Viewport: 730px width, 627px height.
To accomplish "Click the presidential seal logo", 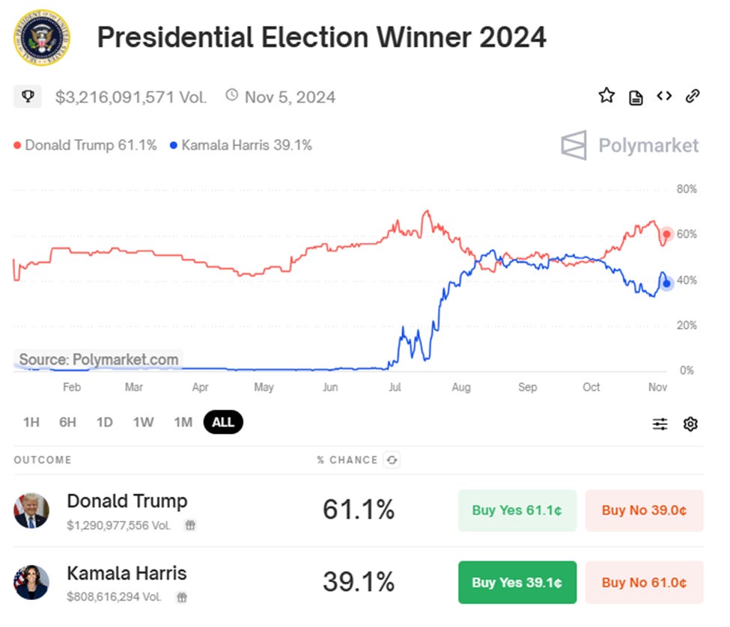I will [41, 37].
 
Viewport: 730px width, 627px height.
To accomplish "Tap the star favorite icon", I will [606, 96].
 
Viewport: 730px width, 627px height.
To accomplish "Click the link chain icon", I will [693, 96].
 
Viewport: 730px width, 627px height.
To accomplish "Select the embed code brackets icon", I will [663, 96].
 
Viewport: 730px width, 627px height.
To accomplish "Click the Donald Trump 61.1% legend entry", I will [85, 145].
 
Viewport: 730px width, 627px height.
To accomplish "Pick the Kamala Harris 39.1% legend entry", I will [240, 145].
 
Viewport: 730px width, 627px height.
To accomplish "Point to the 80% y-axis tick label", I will [687, 189].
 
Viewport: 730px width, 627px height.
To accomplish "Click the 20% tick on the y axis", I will [687, 325].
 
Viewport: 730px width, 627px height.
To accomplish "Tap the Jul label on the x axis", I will [395, 387].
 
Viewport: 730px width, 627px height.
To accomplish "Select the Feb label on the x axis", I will [71, 387].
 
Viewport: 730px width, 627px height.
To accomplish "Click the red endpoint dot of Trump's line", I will [666, 234].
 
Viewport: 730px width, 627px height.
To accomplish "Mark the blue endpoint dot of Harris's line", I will [666, 283].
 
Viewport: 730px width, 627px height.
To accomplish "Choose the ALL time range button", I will [223, 422].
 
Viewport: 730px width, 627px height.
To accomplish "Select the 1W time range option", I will [143, 422].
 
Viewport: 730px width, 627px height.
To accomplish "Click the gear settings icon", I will [690, 424].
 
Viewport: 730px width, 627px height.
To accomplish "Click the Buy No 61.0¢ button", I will [644, 582].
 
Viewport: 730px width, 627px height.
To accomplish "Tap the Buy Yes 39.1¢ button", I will [517, 582].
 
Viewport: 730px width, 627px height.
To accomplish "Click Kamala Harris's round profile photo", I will [31, 582].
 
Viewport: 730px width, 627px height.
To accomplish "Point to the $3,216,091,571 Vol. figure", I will [130, 97].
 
